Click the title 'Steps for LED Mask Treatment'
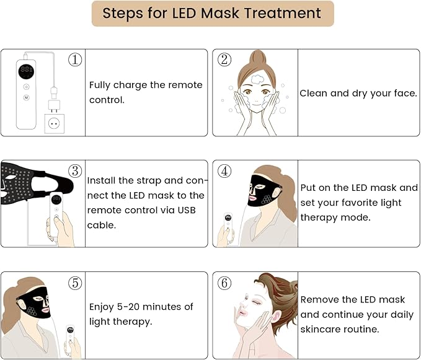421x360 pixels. (x=211, y=13)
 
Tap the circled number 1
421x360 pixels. (x=75, y=59)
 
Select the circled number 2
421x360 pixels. (x=224, y=59)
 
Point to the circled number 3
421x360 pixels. (x=75, y=171)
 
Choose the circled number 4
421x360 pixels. (x=224, y=171)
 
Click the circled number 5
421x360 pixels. (x=75, y=283)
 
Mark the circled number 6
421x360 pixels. (x=224, y=283)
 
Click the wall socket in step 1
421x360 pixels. (x=55, y=124)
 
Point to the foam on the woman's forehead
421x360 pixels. (x=255, y=79)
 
